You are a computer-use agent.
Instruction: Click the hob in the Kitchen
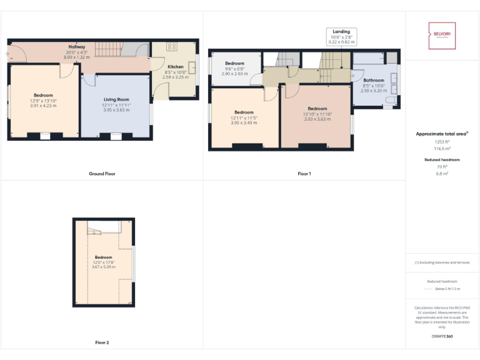pos(172,47)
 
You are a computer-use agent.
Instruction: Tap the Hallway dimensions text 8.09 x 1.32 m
pos(76,57)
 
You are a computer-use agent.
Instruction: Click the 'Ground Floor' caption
pos(102,174)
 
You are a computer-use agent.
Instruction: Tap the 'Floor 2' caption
pos(102,342)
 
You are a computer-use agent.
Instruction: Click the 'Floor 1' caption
pos(304,174)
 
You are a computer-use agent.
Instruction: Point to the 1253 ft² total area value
pos(442,142)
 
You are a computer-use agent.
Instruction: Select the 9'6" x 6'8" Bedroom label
pos(234,67)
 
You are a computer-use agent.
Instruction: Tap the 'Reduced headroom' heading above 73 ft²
pos(442,160)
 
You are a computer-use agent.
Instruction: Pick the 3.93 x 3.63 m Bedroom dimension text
pos(317,119)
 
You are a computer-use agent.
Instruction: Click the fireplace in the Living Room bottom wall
pos(116,135)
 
